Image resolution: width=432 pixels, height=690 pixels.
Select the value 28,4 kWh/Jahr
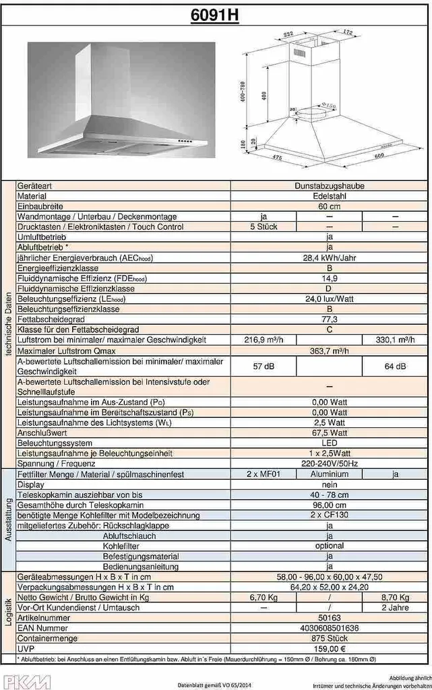coord(330,257)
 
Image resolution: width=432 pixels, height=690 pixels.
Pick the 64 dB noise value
coord(395,366)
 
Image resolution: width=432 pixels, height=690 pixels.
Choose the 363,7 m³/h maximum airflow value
coord(330,350)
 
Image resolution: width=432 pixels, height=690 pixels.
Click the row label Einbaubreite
coord(41,206)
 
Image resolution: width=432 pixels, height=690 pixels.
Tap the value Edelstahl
coord(330,196)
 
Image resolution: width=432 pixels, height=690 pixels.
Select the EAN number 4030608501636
coord(330,628)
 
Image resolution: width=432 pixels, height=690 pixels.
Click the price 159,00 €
coord(330,648)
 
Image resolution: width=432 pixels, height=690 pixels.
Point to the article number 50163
coord(330,618)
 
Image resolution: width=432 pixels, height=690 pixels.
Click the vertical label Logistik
coord(8,613)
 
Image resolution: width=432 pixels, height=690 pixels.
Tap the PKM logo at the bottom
coord(26,681)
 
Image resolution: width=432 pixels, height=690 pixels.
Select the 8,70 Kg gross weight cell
coord(395,598)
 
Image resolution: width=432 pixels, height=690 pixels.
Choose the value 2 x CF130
coord(330,515)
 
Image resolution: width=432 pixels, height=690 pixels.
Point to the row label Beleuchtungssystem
coord(55,444)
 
